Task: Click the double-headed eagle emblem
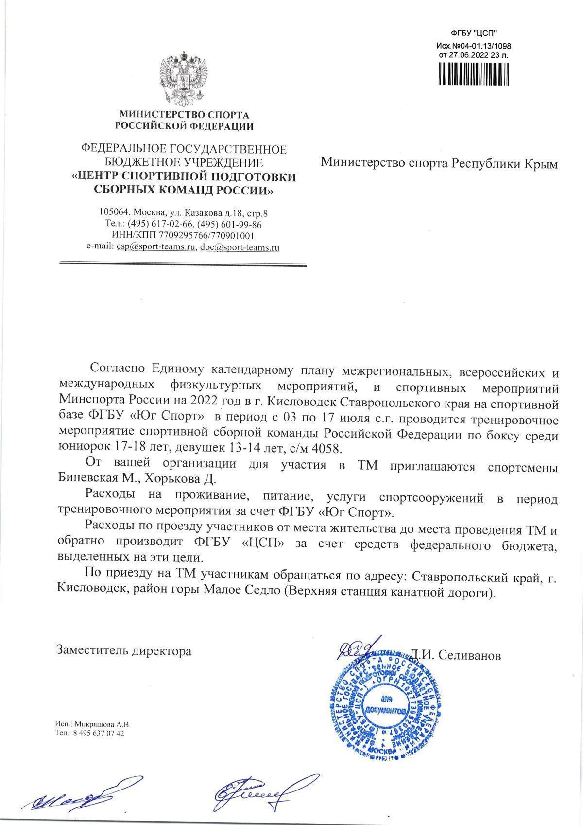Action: click(184, 78)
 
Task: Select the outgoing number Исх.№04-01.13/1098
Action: click(474, 46)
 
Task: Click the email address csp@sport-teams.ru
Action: click(156, 247)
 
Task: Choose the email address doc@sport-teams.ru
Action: click(240, 247)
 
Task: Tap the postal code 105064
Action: click(113, 212)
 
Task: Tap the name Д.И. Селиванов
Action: click(455, 655)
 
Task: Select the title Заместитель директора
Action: click(124, 650)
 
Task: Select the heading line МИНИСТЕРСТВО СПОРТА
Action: click(184, 115)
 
